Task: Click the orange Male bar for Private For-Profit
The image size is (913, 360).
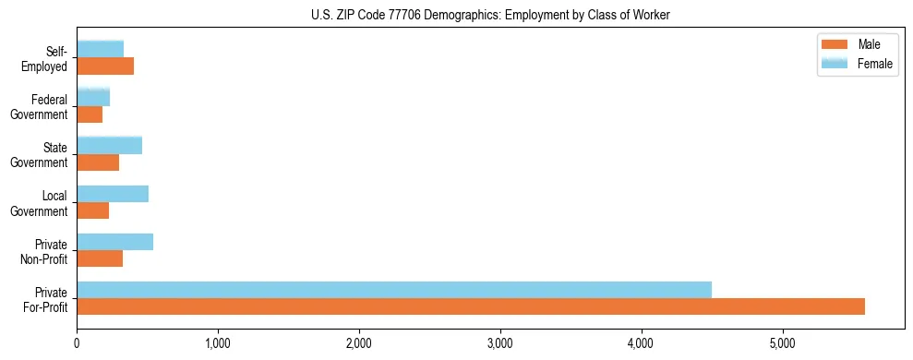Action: [471, 306]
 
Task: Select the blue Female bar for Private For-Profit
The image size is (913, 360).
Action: [394, 290]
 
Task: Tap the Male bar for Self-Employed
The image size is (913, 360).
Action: [105, 66]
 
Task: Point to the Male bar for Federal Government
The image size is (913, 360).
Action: [90, 114]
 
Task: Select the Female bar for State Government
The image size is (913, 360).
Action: [109, 146]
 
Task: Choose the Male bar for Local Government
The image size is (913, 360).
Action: [92, 210]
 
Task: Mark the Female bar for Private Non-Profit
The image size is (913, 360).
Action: [114, 242]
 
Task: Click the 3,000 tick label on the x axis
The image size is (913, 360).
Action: [499, 343]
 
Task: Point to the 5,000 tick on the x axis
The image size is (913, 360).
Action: [782, 343]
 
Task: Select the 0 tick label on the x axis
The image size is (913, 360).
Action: [77, 343]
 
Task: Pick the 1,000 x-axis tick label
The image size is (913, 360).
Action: [218, 343]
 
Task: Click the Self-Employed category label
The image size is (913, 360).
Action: [50, 59]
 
